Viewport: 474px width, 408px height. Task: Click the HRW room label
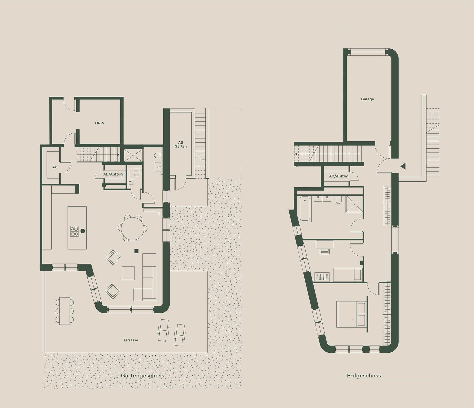pyautogui.click(x=100, y=123)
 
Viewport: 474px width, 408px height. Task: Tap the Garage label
pyautogui.click(x=367, y=99)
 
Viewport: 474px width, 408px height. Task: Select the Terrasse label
pyautogui.click(x=131, y=340)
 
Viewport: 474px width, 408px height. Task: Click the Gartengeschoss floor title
pyautogui.click(x=142, y=376)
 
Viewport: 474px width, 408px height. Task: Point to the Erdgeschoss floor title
pyautogui.click(x=364, y=376)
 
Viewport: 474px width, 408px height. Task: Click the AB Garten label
pyautogui.click(x=181, y=144)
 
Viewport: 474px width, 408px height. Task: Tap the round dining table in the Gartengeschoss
pyautogui.click(x=133, y=228)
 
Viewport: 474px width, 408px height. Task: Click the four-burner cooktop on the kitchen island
pyautogui.click(x=74, y=231)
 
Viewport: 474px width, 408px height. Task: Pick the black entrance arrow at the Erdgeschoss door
pyautogui.click(x=403, y=166)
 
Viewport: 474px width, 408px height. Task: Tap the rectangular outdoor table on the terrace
pyautogui.click(x=65, y=311)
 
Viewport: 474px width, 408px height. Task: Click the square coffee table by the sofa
pyautogui.click(x=128, y=273)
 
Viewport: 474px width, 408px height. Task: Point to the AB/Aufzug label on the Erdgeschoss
pyautogui.click(x=339, y=176)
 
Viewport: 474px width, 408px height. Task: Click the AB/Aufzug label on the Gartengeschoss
pyautogui.click(x=113, y=174)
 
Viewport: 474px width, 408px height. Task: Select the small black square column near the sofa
pyautogui.click(x=136, y=251)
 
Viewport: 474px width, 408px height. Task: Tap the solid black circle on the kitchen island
pyautogui.click(x=83, y=231)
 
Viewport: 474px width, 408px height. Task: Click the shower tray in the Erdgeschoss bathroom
pyautogui.click(x=354, y=204)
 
